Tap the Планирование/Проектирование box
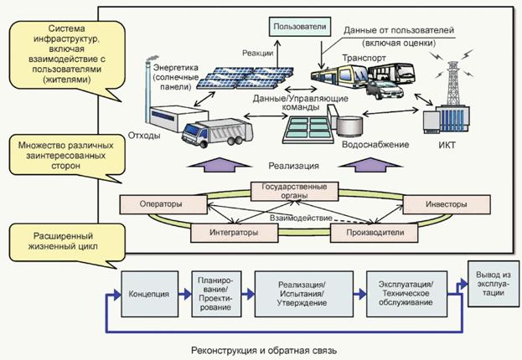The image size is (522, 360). pyautogui.click(x=215, y=295)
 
